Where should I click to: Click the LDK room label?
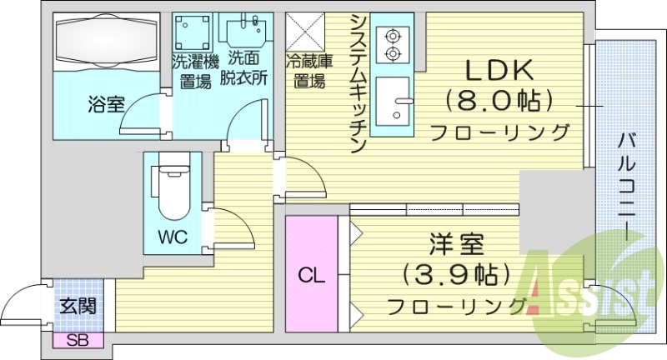point(499,69)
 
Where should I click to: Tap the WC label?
point(172,237)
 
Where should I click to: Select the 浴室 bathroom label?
point(107,105)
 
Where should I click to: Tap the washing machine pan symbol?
point(194,32)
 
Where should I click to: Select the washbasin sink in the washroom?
point(243,32)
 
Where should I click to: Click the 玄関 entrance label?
point(76,306)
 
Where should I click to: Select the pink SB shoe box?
point(76,339)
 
